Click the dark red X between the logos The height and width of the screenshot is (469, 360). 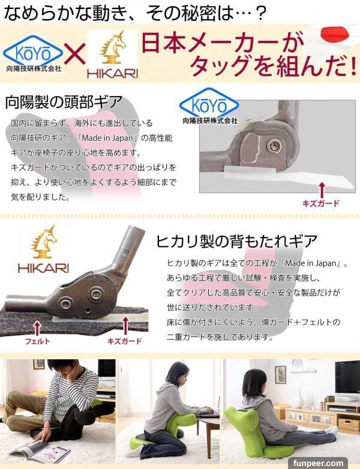point(75,54)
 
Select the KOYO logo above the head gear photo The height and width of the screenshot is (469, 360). point(209,106)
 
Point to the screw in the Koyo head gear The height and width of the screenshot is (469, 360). point(273,146)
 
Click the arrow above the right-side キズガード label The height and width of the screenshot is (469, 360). point(322,190)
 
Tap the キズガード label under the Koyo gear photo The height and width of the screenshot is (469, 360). point(321,203)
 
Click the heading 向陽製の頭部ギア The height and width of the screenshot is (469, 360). point(64,102)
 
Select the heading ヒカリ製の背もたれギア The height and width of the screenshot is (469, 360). point(237,240)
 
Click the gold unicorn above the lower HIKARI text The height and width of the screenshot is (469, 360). point(45,242)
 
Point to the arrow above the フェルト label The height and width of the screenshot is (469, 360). point(37,328)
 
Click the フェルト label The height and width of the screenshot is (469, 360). point(37,341)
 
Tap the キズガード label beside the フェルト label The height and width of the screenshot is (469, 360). point(124,341)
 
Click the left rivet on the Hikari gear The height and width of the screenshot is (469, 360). point(65,303)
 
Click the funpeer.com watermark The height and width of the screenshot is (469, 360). point(318,463)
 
